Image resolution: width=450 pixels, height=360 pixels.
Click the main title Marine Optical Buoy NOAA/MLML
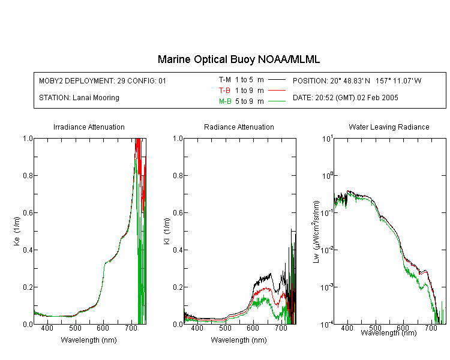238,59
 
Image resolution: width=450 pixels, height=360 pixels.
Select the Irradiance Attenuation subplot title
89,127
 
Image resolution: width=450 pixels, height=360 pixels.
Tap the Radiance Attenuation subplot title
239,127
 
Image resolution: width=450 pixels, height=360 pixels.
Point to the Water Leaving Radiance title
389,127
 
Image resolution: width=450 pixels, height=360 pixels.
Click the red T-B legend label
224,91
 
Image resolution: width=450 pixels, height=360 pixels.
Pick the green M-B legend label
225,101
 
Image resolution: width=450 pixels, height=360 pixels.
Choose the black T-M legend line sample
277,80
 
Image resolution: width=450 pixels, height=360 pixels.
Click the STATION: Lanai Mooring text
79,98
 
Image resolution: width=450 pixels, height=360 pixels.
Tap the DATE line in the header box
345,98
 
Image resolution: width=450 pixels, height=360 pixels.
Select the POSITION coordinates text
357,80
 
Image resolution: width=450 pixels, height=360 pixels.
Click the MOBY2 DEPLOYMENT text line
103,80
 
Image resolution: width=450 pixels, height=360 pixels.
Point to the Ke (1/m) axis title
17,231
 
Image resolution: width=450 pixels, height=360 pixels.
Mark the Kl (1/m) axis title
167,231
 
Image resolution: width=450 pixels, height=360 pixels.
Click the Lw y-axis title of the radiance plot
316,232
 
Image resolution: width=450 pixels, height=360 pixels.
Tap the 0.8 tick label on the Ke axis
28,175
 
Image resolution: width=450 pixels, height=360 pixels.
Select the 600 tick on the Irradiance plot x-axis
103,328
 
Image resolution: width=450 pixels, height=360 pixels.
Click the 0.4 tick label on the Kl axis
178,250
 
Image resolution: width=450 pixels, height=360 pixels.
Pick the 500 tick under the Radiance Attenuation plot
225,328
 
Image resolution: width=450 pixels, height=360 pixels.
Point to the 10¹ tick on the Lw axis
328,139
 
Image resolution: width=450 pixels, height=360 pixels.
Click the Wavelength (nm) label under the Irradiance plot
89,340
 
